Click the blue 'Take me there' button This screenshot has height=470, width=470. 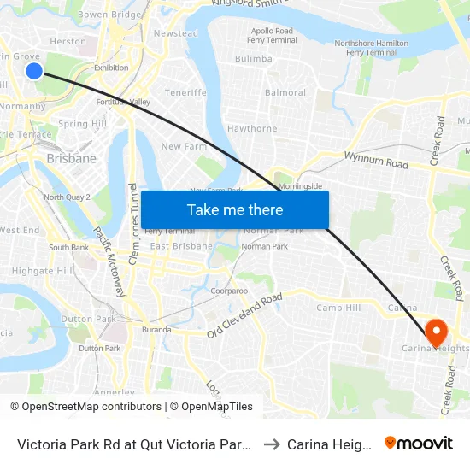pos(235,209)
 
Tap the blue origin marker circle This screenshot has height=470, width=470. pos(34,70)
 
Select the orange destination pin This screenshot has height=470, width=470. pos(436,333)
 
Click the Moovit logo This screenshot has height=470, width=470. pos(419,444)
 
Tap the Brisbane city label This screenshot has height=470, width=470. pos(72,158)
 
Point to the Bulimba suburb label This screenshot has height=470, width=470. pos(253,59)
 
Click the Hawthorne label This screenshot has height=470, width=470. pos(252,129)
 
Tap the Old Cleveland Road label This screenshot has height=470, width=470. pos(244,316)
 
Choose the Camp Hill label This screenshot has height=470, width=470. pos(338,308)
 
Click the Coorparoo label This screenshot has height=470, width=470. pos(229,291)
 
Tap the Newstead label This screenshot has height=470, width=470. pos(175,33)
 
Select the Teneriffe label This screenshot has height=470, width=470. pos(185,92)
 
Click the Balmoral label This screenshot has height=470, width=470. pos(285,92)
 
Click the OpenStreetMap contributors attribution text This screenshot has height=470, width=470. pos(85,407)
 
